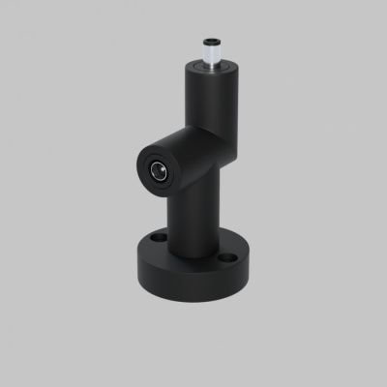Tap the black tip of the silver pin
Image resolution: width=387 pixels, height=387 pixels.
tap(210, 40)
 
